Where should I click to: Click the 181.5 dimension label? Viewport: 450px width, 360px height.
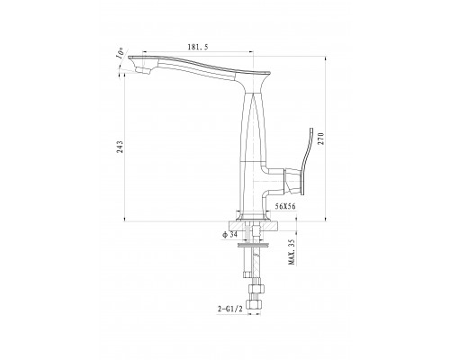[198, 47]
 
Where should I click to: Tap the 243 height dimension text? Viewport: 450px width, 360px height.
[120, 147]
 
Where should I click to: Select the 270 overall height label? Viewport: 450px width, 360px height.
[321, 139]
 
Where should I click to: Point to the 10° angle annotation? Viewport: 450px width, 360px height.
[121, 53]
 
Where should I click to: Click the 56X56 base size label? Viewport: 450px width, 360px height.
[285, 206]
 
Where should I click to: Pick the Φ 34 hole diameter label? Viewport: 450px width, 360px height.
[229, 235]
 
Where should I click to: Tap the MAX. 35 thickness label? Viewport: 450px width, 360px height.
[292, 252]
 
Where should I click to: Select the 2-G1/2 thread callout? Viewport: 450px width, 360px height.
[230, 309]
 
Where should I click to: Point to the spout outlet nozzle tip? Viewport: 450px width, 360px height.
[143, 71]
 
